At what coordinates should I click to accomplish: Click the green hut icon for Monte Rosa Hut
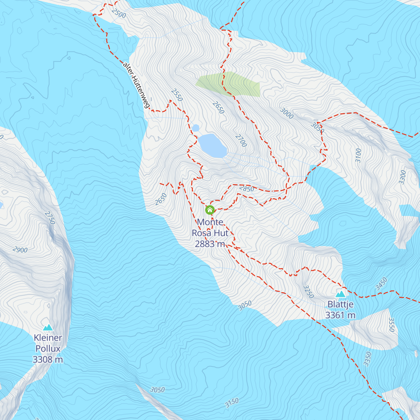pyautogui.click(x=210, y=210)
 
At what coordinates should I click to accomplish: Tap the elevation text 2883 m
pyautogui.click(x=210, y=244)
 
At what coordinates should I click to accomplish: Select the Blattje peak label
pyautogui.click(x=340, y=304)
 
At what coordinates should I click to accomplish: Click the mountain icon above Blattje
pyautogui.click(x=341, y=294)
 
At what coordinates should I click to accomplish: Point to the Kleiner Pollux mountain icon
pyautogui.click(x=48, y=327)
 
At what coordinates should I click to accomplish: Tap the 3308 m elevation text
pyautogui.click(x=48, y=359)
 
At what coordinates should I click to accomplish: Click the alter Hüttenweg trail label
pyautogui.click(x=136, y=85)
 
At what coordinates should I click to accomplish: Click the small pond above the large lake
pyautogui.click(x=196, y=128)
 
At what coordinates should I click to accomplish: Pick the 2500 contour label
pyautogui.click(x=118, y=13)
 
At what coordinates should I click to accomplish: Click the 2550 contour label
pyautogui.click(x=177, y=95)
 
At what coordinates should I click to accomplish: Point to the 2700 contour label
pyautogui.click(x=241, y=140)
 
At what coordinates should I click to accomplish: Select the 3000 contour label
pyautogui.click(x=287, y=113)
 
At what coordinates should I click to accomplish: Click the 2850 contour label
pyautogui.click(x=246, y=189)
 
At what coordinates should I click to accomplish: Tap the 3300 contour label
pyautogui.click(x=402, y=177)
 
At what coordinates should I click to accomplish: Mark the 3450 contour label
pyautogui.click(x=381, y=283)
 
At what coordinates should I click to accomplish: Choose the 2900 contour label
pyautogui.click(x=20, y=250)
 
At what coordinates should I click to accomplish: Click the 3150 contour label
pyautogui.click(x=232, y=403)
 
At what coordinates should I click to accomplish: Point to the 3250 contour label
pyautogui.click(x=308, y=292)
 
